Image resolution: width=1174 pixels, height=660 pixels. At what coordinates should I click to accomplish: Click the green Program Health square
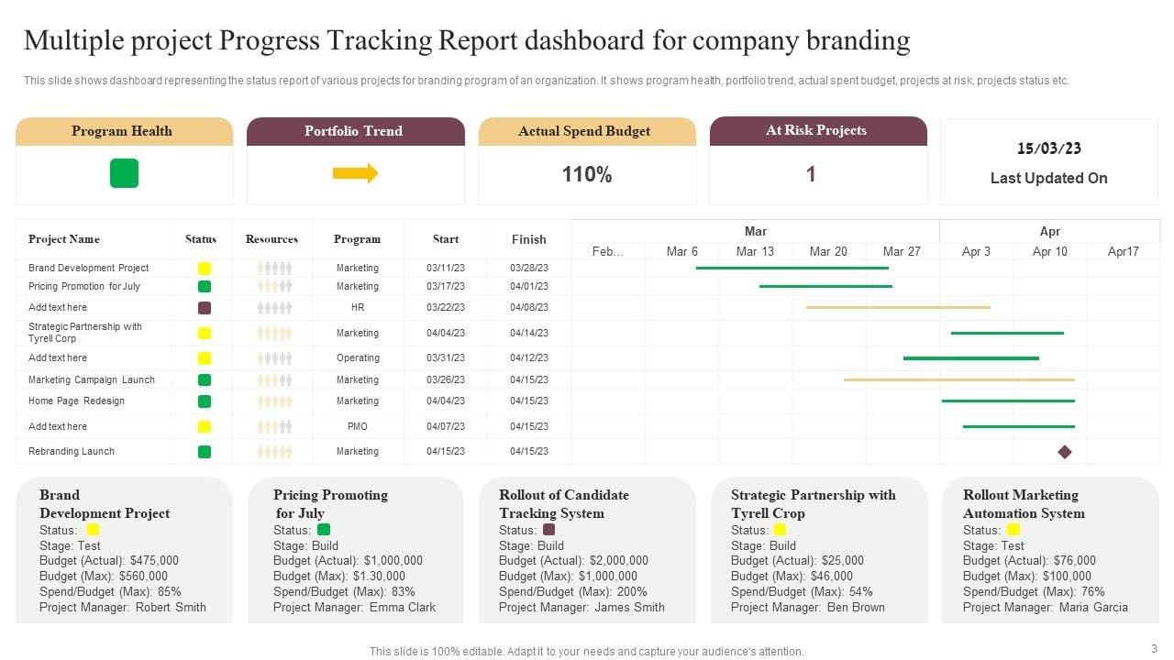[x=124, y=173]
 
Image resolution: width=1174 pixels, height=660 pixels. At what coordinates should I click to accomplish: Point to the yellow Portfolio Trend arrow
[x=355, y=173]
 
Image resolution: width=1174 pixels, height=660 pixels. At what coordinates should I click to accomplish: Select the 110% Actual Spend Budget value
[x=587, y=174]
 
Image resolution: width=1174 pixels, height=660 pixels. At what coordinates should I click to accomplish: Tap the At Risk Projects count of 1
[x=811, y=174]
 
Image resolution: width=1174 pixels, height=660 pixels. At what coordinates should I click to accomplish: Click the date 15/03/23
[x=1049, y=148]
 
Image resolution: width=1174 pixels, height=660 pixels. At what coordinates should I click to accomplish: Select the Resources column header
[x=271, y=239]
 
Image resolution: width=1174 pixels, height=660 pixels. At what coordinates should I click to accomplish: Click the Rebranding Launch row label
[x=72, y=451]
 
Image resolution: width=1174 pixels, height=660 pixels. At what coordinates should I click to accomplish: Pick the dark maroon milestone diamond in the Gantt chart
[x=1065, y=452]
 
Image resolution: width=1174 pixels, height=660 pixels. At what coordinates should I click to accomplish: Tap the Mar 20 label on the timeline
[x=828, y=251]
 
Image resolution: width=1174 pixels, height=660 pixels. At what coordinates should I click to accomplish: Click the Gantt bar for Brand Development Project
[x=792, y=268]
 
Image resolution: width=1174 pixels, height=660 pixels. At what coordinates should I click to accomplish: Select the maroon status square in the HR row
[x=205, y=308]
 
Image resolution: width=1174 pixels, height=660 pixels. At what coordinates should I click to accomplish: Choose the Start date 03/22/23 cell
[x=446, y=307]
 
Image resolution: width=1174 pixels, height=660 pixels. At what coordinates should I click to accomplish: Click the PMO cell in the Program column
[x=358, y=426]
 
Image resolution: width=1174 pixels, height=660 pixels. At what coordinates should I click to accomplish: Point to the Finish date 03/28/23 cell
[x=529, y=268]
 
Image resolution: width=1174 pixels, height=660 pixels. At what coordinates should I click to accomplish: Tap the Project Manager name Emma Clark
[x=403, y=607]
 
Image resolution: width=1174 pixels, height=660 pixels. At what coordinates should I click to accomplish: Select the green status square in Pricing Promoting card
[x=324, y=530]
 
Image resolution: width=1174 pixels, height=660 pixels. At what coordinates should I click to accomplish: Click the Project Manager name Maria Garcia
[x=1093, y=607]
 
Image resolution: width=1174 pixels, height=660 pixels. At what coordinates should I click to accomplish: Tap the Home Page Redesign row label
[x=76, y=401]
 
